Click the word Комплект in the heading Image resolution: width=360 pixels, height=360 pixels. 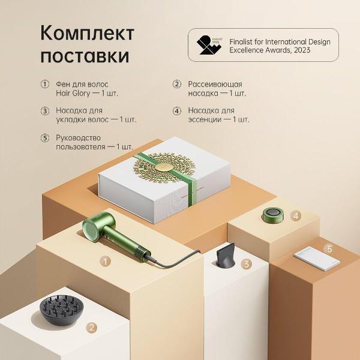(x=88, y=32)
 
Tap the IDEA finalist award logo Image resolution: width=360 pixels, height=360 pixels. (x=207, y=45)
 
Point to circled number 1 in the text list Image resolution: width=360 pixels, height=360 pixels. (x=44, y=84)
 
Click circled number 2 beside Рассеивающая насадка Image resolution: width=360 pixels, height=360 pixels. (x=176, y=84)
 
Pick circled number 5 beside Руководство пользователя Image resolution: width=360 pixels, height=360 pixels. (x=44, y=137)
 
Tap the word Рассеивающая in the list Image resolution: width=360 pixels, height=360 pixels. (x=215, y=84)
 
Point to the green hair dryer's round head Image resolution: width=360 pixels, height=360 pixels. (x=90, y=228)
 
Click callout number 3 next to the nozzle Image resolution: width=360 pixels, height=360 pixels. (x=246, y=263)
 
